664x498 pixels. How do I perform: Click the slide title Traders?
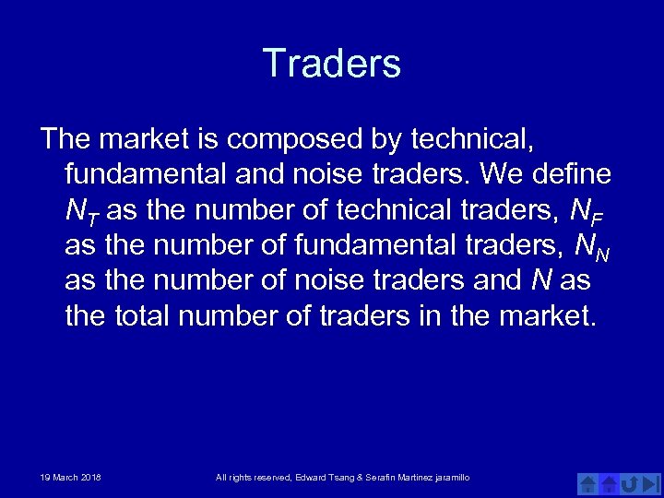click(x=332, y=64)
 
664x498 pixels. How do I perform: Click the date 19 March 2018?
click(x=71, y=477)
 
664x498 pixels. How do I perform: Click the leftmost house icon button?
click(x=588, y=482)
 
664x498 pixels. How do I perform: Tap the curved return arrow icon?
click(x=630, y=482)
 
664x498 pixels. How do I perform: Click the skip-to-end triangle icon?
click(x=650, y=482)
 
